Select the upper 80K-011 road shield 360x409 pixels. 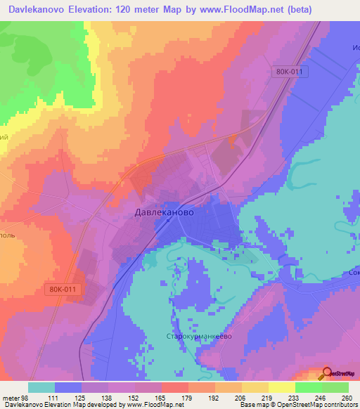click(290, 72)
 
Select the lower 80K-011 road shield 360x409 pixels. click(65, 289)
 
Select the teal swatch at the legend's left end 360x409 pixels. click(41, 387)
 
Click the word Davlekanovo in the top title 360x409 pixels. click(36, 9)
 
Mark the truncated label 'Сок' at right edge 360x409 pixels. click(353, 273)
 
